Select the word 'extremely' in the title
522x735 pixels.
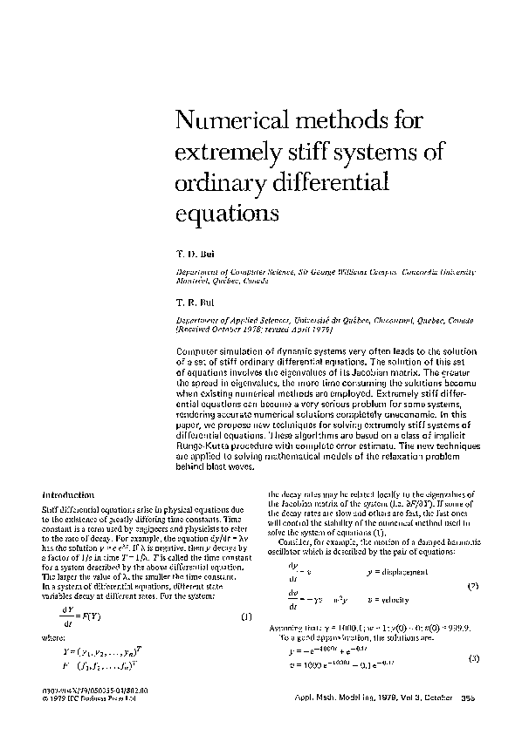(224, 151)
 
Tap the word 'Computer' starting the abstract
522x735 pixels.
(202, 349)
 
